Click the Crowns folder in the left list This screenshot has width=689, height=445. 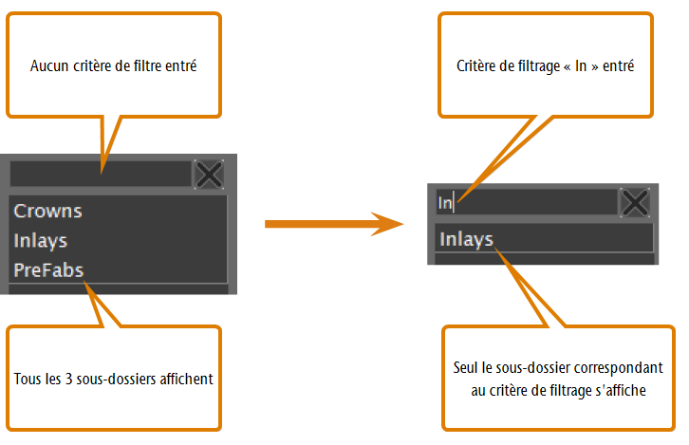[47, 212]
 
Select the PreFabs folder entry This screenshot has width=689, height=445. [48, 270]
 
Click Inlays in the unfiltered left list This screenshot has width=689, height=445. [41, 241]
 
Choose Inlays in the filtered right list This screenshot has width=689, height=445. [466, 240]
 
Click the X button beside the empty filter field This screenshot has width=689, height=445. [209, 175]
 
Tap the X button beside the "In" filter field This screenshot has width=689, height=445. [635, 202]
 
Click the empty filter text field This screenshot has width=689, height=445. [101, 174]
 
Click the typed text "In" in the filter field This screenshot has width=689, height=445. [445, 203]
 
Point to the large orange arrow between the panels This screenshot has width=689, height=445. [334, 224]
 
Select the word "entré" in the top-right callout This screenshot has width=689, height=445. [618, 65]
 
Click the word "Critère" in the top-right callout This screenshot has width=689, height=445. [474, 65]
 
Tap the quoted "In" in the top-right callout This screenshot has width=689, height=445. [581, 65]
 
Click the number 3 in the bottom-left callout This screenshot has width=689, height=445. [68, 379]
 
